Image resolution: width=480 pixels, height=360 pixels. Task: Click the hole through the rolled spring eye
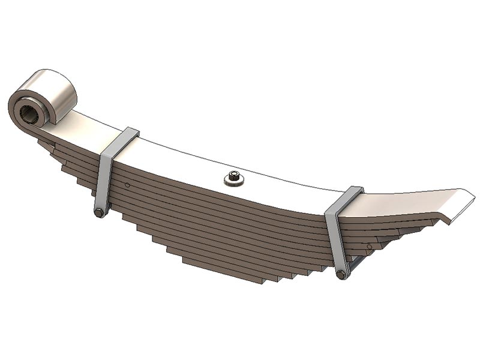(x=29, y=112)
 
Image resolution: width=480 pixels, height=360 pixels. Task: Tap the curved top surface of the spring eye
(x=58, y=90)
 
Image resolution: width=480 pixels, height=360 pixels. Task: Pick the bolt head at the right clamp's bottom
(x=341, y=275)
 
